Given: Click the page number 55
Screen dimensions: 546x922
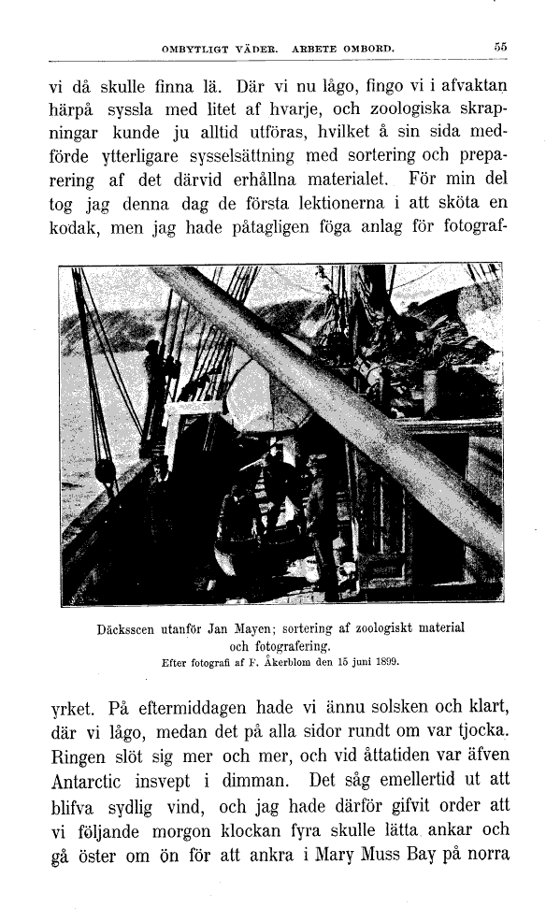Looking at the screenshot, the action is point(500,45).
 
